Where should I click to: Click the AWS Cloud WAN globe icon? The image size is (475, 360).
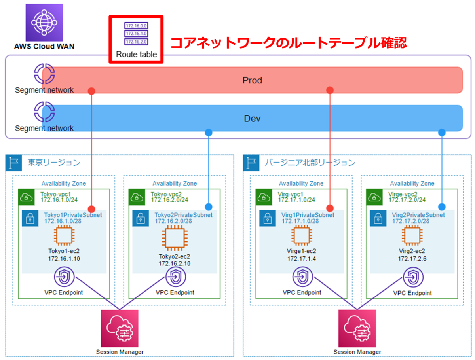tap(44, 22)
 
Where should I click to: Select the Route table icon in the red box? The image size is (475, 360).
tap(136, 34)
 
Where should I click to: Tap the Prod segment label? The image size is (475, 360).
tap(252, 80)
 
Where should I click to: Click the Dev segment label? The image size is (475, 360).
tap(252, 119)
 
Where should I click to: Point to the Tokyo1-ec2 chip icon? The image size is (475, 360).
tap(64, 235)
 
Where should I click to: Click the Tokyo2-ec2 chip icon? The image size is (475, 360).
tap(175, 238)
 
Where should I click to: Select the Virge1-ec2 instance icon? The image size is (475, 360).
tap(302, 235)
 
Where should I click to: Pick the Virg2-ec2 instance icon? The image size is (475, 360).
tap(412, 235)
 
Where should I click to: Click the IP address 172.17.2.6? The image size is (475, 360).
tap(412, 259)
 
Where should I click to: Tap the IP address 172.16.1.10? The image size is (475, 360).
tap(64, 259)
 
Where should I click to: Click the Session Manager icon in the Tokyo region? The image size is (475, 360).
tap(120, 328)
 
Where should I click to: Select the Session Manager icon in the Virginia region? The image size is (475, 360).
tap(357, 328)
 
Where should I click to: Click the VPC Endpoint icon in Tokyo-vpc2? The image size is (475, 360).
tap(175, 277)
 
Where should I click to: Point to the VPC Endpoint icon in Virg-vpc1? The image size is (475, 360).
tap(302, 277)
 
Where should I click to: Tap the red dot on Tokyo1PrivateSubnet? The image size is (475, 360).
tap(91, 209)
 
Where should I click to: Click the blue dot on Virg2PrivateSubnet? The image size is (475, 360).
tap(442, 207)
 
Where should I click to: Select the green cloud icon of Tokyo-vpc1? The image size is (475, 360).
tap(26, 197)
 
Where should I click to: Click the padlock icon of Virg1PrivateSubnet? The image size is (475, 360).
tap(268, 218)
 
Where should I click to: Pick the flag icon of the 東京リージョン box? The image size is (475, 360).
tap(13, 163)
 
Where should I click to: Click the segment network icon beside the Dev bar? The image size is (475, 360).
tap(44, 112)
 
